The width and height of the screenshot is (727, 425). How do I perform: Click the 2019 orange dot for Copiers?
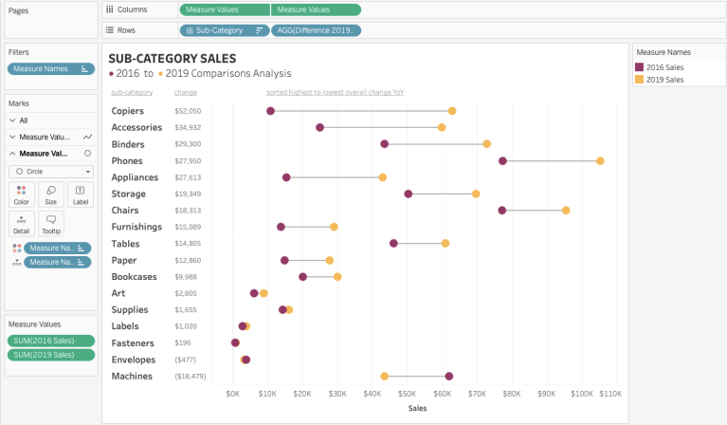click(452, 111)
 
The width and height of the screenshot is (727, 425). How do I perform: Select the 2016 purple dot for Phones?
click(502, 161)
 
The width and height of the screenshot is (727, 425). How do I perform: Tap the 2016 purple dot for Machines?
click(449, 377)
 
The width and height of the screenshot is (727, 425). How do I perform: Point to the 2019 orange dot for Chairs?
click(566, 211)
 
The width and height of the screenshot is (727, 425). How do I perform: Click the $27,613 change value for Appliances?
click(188, 177)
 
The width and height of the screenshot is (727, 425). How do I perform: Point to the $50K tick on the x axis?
click(407, 393)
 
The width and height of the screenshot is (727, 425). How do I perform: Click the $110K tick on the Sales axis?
click(609, 393)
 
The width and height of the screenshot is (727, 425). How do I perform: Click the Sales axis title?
click(417, 409)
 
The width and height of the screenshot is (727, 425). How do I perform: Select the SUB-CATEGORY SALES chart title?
click(173, 58)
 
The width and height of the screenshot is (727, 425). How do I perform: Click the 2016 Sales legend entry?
click(665, 67)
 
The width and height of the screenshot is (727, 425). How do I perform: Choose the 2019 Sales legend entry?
click(665, 80)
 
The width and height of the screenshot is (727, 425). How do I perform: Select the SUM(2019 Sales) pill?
click(50, 355)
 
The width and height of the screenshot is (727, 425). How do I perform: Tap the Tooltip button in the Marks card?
click(51, 224)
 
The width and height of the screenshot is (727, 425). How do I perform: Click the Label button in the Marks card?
click(81, 194)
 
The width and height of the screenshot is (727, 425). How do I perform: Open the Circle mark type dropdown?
click(51, 172)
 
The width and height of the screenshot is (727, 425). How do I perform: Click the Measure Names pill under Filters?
click(50, 68)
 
